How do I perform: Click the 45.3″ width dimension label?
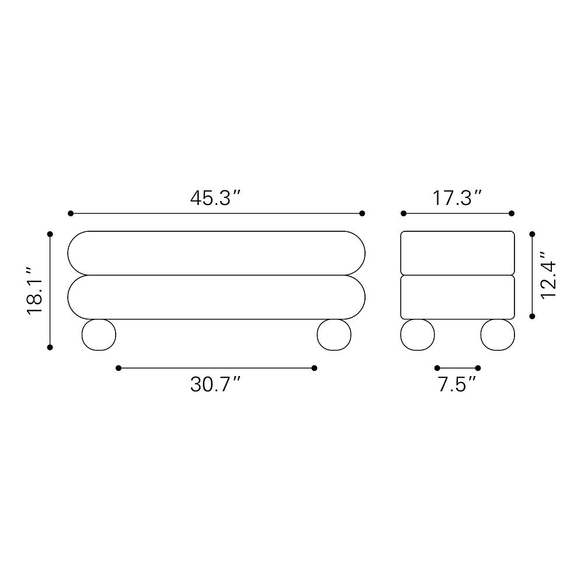(216, 198)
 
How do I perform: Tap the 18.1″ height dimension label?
(35, 290)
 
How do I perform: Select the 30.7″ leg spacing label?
(216, 384)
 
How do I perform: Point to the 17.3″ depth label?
(457, 198)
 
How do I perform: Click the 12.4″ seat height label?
(548, 275)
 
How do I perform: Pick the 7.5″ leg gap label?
(457, 384)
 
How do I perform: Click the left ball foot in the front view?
(99, 335)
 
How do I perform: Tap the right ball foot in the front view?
(334, 335)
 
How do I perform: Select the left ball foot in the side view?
(418, 335)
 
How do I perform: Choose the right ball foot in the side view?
(498, 335)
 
